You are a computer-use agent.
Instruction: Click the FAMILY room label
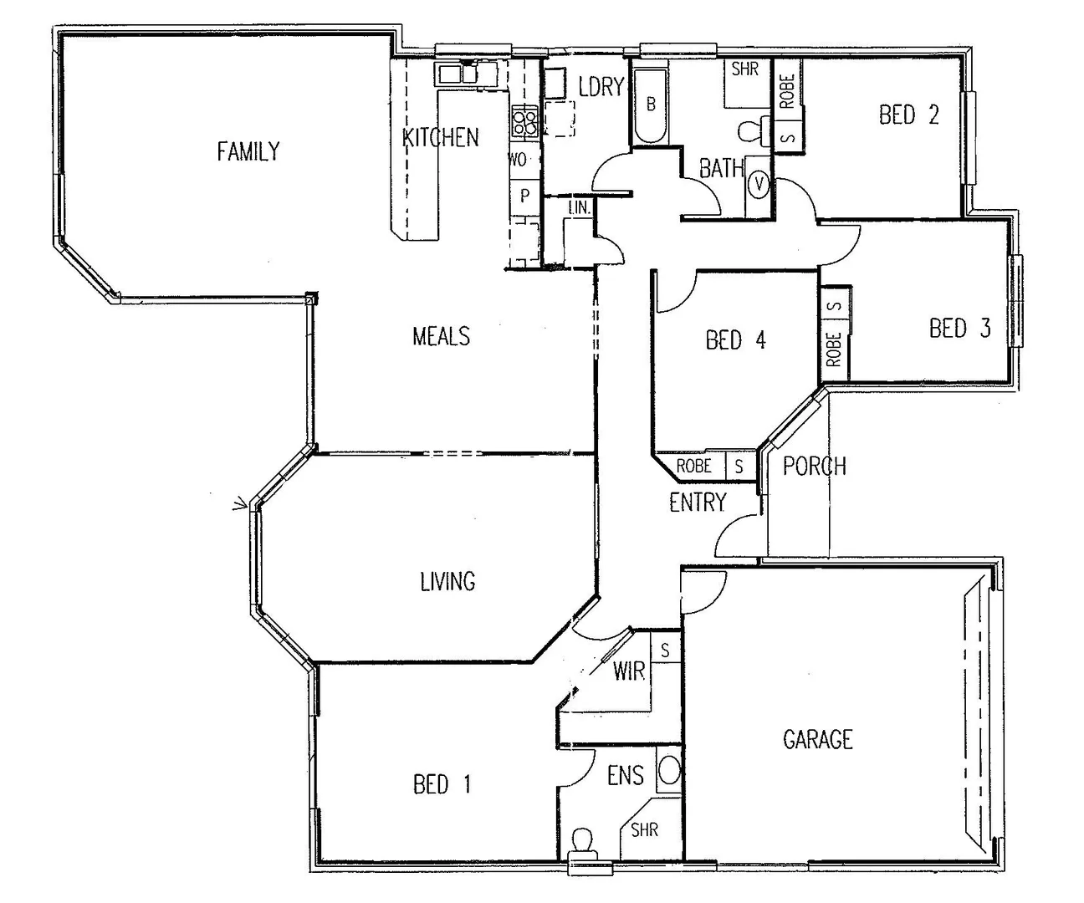coord(248,151)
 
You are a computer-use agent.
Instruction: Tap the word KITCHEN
coord(441,137)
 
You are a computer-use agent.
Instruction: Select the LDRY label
coord(601,86)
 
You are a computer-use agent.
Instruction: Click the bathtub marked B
coord(650,105)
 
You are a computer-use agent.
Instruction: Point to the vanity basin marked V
coord(759,184)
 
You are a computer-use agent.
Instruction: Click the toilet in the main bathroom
coord(751,130)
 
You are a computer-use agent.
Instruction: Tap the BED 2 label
coord(908,115)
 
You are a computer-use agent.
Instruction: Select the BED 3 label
coord(959,328)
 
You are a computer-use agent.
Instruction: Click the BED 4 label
coord(735,339)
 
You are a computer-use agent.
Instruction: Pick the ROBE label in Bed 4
coord(693,467)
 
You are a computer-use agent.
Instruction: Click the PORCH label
coord(814,466)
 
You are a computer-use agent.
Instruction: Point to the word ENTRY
coord(698,502)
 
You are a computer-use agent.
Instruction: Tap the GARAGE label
coord(817,739)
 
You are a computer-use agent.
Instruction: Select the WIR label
coord(628,671)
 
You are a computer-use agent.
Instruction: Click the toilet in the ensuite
coord(582,839)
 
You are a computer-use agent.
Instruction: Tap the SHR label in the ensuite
coord(644,829)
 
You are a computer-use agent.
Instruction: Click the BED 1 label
coord(442,783)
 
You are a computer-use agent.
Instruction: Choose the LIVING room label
coord(447,581)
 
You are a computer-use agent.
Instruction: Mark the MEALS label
coord(441,336)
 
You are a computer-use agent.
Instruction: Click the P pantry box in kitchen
coord(524,196)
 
